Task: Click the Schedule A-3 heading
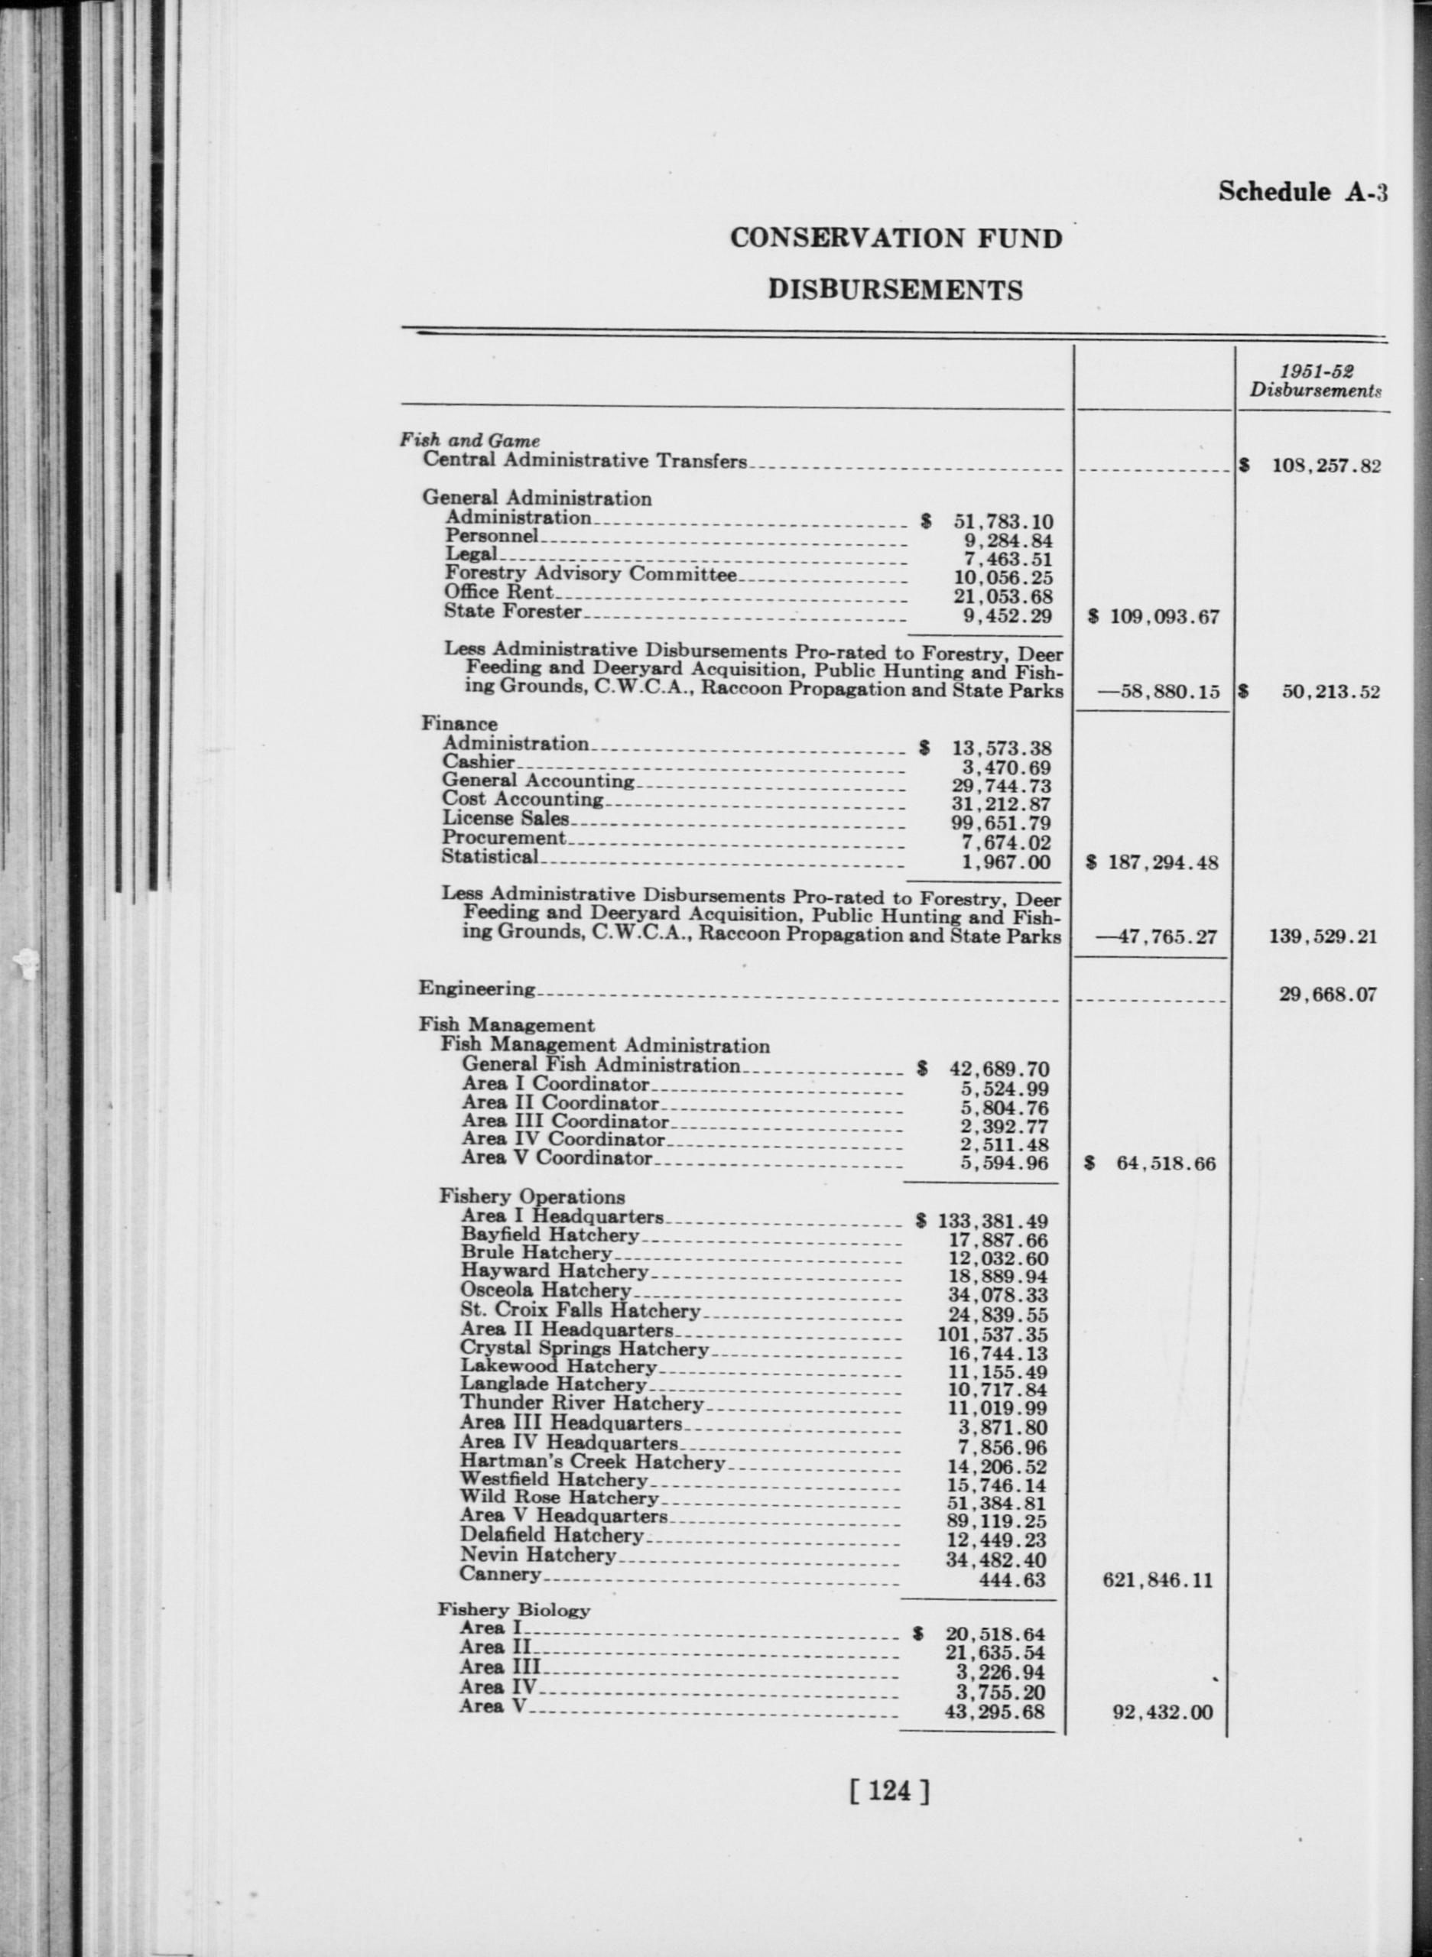click(1302, 192)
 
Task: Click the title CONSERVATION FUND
click(895, 239)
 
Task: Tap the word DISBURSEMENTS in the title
click(895, 290)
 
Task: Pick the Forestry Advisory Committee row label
click(589, 574)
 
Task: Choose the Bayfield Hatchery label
click(550, 1235)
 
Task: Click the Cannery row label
click(500, 1574)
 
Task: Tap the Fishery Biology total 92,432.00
click(1161, 1712)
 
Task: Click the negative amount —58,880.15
click(1158, 692)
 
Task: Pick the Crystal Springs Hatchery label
click(583, 1349)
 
